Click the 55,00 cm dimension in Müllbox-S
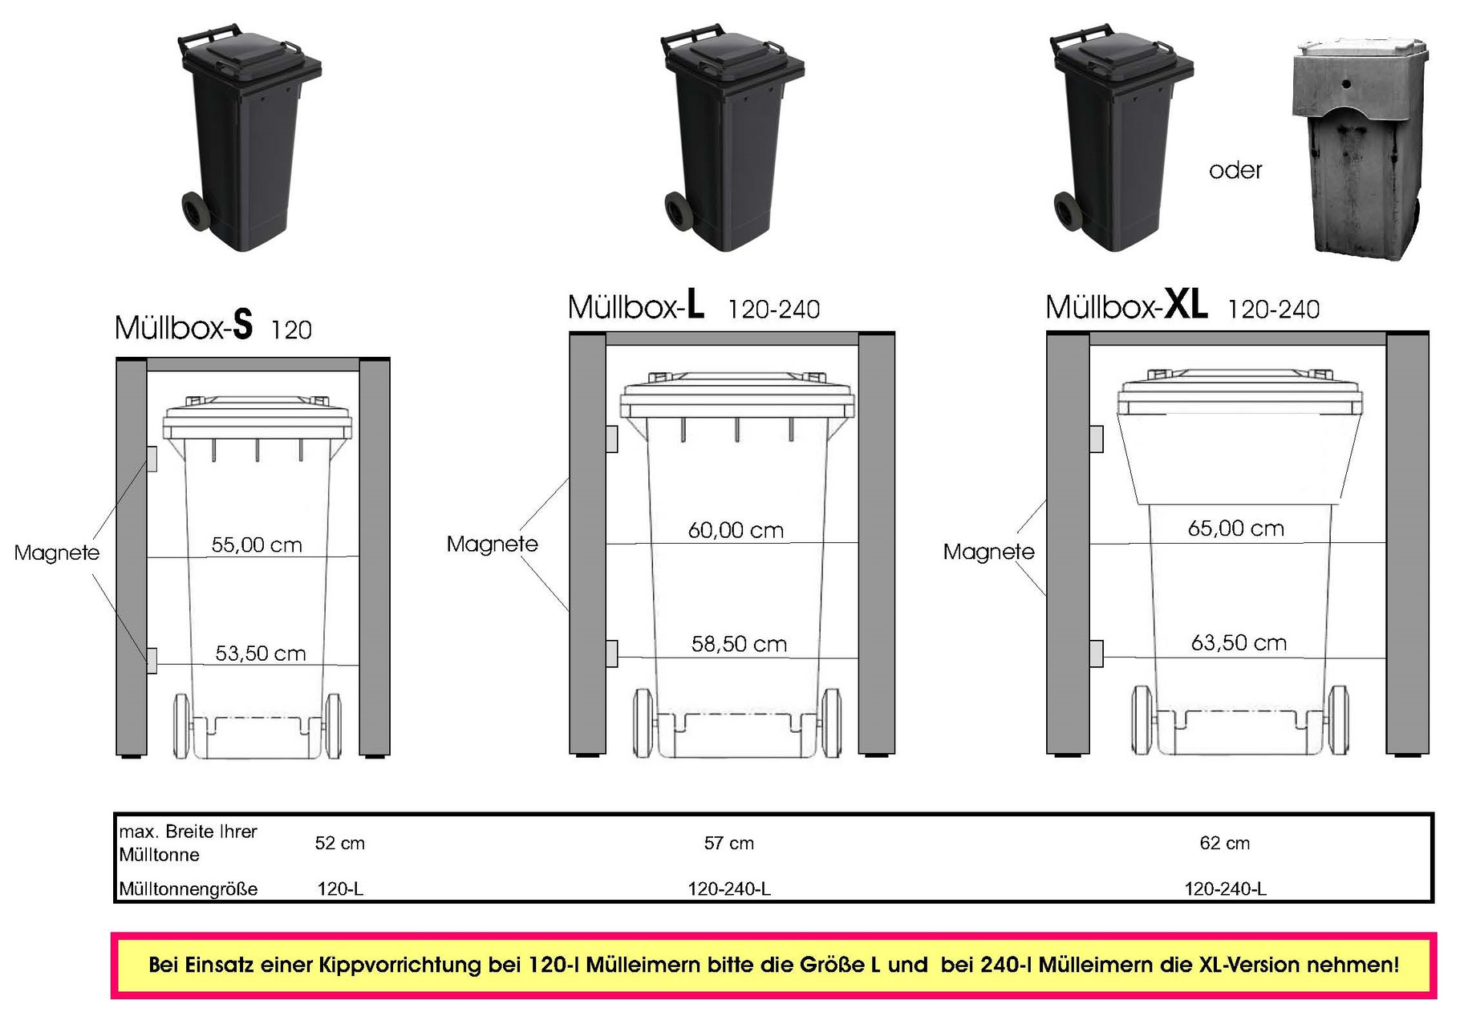(257, 545)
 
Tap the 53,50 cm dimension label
(261, 654)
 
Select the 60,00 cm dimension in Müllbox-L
(736, 530)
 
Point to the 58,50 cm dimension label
(739, 644)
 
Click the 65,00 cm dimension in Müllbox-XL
(1235, 528)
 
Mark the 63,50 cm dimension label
(1239, 642)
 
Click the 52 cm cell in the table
(339, 844)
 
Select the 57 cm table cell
(728, 844)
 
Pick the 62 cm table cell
(1224, 844)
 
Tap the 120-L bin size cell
(340, 888)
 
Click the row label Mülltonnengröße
(189, 888)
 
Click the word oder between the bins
(1235, 171)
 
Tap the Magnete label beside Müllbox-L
(492, 544)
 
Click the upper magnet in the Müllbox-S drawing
(152, 459)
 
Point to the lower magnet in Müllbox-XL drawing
(1096, 654)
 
